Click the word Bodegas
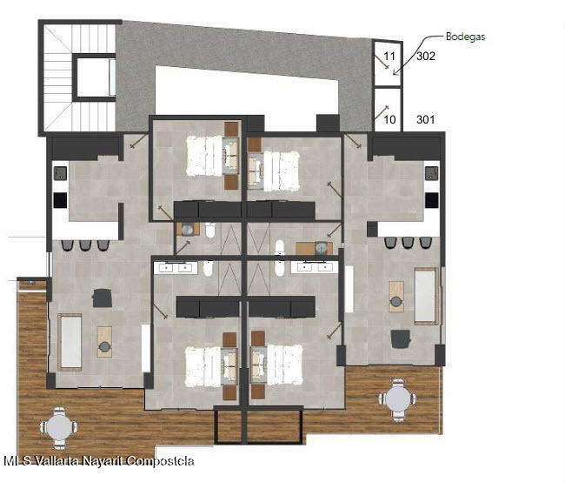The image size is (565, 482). tap(465, 37)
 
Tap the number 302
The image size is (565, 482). tap(426, 56)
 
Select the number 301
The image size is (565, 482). tap(426, 119)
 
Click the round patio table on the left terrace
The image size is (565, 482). tap(58, 428)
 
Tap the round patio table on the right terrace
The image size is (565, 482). tap(397, 400)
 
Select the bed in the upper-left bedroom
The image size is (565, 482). tap(204, 156)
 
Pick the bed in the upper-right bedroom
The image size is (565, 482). tap(282, 171)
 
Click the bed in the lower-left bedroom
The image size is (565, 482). tap(203, 366)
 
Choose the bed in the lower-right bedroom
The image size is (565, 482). tap(284, 365)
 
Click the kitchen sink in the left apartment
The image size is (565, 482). tap(61, 173)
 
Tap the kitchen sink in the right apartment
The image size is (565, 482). tap(432, 173)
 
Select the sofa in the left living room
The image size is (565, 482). tap(70, 342)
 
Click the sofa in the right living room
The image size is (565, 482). tap(427, 296)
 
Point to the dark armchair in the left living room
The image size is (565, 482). tap(102, 298)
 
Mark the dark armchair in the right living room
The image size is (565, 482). tap(401, 339)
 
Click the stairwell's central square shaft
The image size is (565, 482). tap(94, 77)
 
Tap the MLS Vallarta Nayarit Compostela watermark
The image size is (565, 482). tap(99, 461)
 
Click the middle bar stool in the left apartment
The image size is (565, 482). tap(84, 245)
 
